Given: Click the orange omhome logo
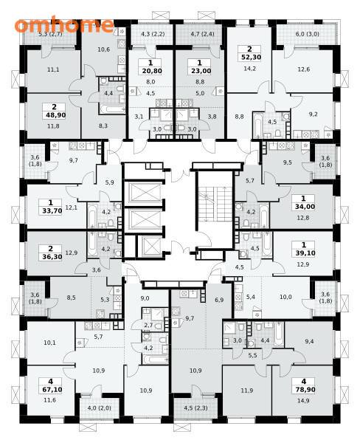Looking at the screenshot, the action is [64, 25].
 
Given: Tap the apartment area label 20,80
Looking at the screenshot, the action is [152, 71].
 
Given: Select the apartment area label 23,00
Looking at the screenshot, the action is [201, 71].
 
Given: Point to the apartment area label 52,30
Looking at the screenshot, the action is [251, 58].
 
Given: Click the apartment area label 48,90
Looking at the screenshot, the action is [55, 115].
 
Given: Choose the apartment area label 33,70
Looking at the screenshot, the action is [52, 210].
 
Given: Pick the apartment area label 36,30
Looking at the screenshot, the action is [52, 257].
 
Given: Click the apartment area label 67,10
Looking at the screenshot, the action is [52, 390].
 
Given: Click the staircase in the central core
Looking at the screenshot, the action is [215, 204].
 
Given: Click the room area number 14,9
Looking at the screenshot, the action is [303, 400].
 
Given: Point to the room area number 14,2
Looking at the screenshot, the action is [249, 69].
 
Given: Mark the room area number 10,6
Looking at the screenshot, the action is [103, 49].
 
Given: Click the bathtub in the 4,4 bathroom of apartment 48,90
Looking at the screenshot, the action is [112, 109].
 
